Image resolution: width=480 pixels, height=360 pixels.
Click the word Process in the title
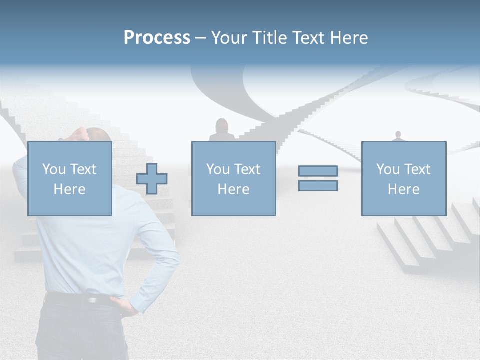pyautogui.click(x=157, y=38)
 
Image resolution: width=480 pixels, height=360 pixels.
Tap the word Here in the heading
pyautogui.click(x=348, y=38)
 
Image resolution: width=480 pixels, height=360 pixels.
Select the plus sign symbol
pyautogui.click(x=152, y=179)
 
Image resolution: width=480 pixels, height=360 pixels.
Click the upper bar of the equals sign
pyautogui.click(x=318, y=171)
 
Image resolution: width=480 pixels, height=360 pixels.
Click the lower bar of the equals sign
pyautogui.click(x=318, y=186)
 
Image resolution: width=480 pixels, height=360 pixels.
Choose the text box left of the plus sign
pyautogui.click(x=69, y=178)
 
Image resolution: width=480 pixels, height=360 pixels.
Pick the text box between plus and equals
pyautogui.click(x=233, y=178)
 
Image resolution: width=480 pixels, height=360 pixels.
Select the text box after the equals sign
pyautogui.click(x=403, y=178)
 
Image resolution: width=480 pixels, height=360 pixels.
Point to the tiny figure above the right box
pyautogui.click(x=398, y=136)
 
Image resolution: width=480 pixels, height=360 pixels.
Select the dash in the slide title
pyautogui.click(x=201, y=38)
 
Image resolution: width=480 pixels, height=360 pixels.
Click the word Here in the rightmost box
pyautogui.click(x=403, y=189)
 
